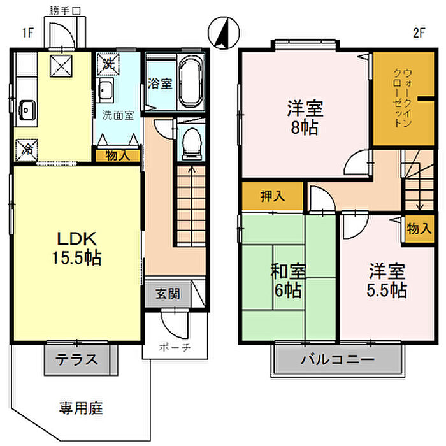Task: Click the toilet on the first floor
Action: [190, 144]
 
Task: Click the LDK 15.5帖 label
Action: [77, 248]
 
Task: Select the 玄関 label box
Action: [168, 294]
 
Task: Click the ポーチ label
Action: [175, 349]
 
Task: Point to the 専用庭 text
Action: [82, 407]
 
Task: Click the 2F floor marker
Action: [418, 33]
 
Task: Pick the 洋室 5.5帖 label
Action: [387, 281]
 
